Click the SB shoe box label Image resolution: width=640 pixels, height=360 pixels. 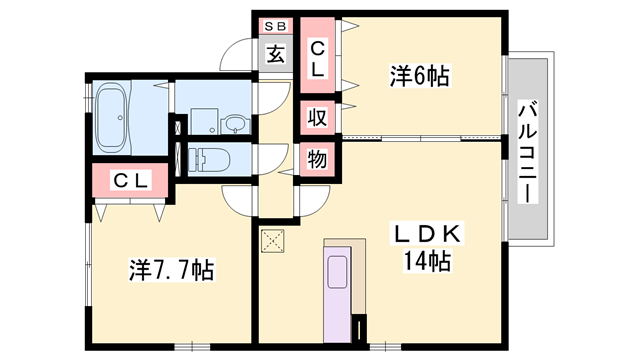coord(274,25)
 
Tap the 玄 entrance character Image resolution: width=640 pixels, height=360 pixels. coord(275,54)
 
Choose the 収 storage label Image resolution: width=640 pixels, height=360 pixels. coord(317,117)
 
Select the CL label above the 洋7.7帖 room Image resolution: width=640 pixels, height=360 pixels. coord(130,181)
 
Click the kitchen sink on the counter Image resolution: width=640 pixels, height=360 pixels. coord(336,272)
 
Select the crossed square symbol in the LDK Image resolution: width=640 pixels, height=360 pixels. coord(273,240)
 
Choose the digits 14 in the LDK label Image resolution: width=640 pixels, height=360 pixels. coord(415,263)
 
